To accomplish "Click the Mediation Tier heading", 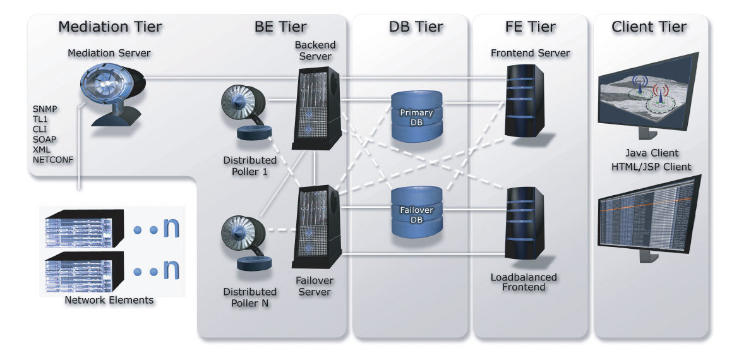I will pos(110,27).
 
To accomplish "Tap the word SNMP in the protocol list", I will pos(45,109).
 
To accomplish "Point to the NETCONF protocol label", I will pos(53,160).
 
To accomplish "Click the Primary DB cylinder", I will pos(417,116).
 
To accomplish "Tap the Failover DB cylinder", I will pos(417,212).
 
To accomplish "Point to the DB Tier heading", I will pos(416,27).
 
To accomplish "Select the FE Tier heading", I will pos(531,27).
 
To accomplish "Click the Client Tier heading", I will pos(649,27).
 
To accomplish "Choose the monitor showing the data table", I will pos(648,212).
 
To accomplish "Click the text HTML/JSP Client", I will pos(652,167).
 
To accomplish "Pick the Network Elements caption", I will pos(109,300).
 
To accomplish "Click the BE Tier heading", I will pos(280,27).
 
